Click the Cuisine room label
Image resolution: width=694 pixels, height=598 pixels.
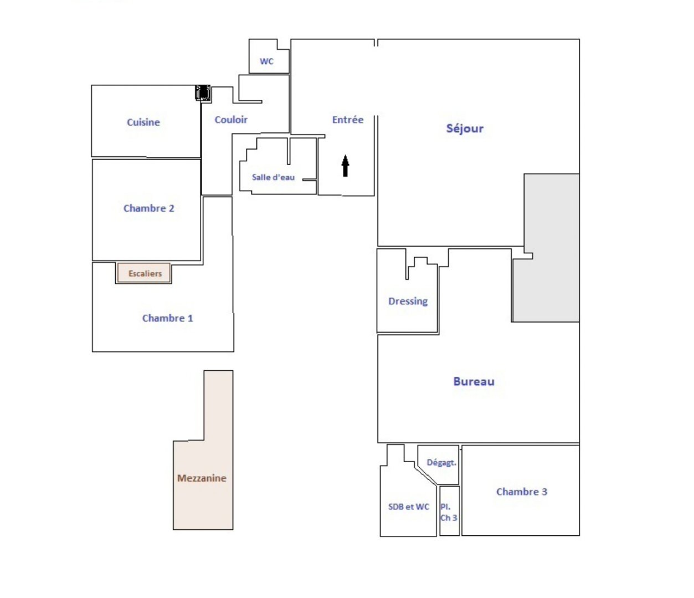point(143,122)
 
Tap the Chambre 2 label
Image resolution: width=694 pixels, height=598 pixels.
point(149,208)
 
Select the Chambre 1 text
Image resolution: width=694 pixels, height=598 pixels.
point(167,318)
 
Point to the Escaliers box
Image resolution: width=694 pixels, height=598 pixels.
point(143,273)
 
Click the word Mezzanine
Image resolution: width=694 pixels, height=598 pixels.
point(202,478)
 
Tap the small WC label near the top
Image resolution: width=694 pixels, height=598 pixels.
point(266,62)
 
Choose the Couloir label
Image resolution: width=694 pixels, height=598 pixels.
point(231,120)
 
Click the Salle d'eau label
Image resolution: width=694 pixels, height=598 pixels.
point(273,177)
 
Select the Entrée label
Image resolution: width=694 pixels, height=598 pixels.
point(348,120)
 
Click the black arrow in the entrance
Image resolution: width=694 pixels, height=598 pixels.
point(345,166)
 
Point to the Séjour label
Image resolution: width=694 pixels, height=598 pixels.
point(465,129)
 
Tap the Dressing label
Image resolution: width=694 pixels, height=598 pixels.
point(408,301)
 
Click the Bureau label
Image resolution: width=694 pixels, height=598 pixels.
point(474,381)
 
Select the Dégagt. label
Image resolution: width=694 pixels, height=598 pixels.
point(441,463)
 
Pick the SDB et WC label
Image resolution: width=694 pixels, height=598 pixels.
point(409,507)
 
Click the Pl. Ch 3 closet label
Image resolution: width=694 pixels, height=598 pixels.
point(449,512)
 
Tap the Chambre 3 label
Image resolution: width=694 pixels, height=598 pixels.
point(522,492)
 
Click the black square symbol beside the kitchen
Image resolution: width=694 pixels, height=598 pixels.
point(203,93)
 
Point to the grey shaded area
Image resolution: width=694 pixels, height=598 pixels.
point(551,248)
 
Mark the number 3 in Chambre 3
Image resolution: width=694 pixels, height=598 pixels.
point(544,492)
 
